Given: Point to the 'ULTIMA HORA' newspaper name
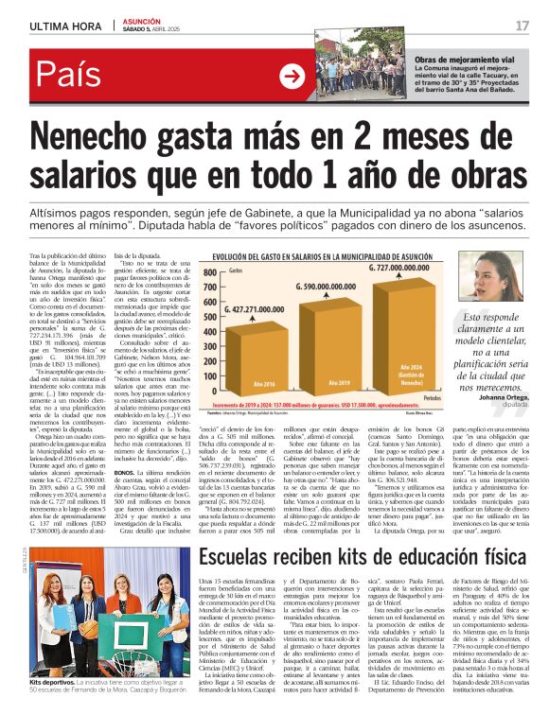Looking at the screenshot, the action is point(65,26).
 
